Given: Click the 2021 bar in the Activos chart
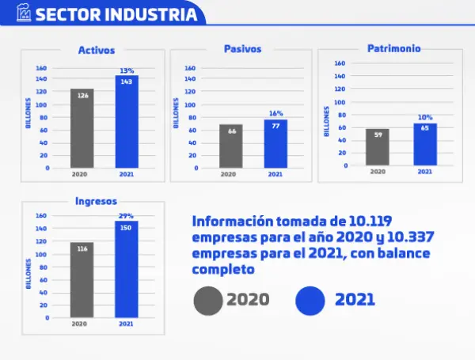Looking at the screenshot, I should pos(126,122).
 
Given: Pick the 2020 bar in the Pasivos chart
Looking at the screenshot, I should pos(231,146).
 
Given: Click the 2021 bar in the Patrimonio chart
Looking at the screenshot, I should pos(424,144).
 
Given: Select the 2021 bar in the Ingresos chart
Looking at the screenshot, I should pos(126,269).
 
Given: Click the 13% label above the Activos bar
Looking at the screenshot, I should pos(127,70).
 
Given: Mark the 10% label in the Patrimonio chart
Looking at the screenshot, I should pos(425,118).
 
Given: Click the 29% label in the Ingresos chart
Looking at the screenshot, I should pos(127,215).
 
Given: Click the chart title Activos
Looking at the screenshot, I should pos(96,51).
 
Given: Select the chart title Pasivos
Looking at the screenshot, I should pos(244,49).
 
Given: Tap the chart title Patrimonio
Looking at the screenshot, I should pos(393,48).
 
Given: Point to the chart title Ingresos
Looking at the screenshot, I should pos(96,200).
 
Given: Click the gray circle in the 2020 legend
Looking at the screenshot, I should pos(208,300).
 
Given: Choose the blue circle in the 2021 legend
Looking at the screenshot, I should pos(310,300).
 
